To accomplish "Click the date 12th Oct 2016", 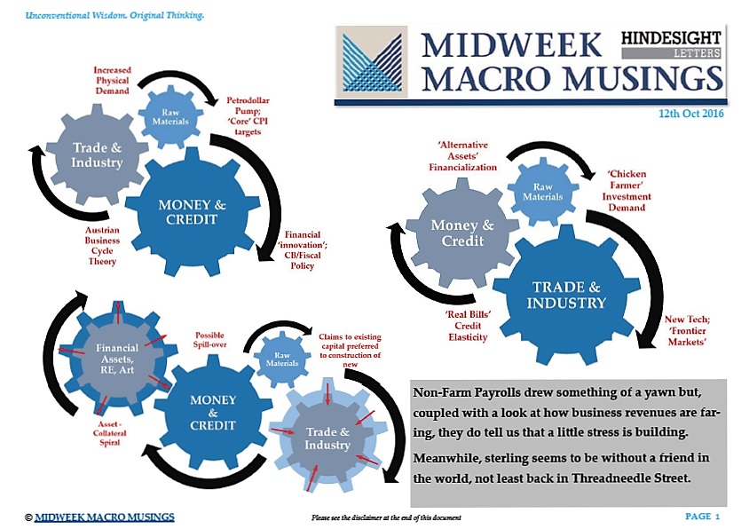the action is click(x=690, y=114).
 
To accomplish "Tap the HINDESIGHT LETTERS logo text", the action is click(x=671, y=44).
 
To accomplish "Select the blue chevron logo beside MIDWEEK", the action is click(x=371, y=62).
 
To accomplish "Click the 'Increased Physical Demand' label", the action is click(x=112, y=80).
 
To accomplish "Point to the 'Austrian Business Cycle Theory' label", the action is click(x=102, y=246).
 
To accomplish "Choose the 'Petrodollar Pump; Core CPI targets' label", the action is click(x=248, y=116).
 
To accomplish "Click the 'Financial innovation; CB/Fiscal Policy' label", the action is click(x=303, y=250).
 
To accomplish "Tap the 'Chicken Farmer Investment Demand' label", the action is click(x=627, y=191).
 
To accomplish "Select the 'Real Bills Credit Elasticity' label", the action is click(x=468, y=326).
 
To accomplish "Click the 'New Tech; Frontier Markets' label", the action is click(x=687, y=331).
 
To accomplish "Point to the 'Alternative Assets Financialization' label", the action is click(x=463, y=156).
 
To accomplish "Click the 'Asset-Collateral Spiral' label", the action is click(x=109, y=433).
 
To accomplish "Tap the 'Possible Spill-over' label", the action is click(x=209, y=340).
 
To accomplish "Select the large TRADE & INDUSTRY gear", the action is click(x=566, y=295).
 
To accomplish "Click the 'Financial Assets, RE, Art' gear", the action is click(x=117, y=359).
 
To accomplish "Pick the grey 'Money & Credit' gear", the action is click(x=462, y=233).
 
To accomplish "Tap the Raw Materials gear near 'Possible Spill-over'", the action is click(x=282, y=359).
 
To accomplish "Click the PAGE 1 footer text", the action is click(x=702, y=516).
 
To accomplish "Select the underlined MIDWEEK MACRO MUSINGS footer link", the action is click(x=105, y=517).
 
